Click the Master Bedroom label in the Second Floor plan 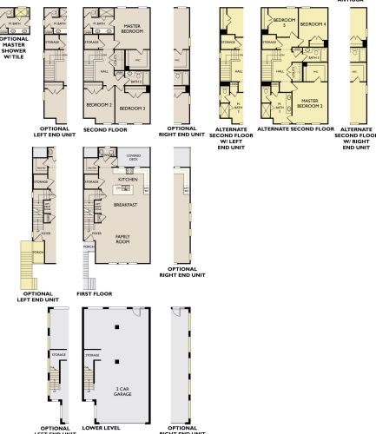coord(132,28)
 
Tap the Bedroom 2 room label coord(99,104)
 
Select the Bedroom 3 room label coord(131,108)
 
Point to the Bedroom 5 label coord(280,23)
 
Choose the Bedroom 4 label coord(312,23)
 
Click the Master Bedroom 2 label coord(311,102)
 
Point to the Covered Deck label coord(133,157)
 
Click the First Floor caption coord(95,294)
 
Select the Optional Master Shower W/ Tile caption coord(14,49)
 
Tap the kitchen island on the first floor coord(126,188)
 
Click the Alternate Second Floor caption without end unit coord(296,128)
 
